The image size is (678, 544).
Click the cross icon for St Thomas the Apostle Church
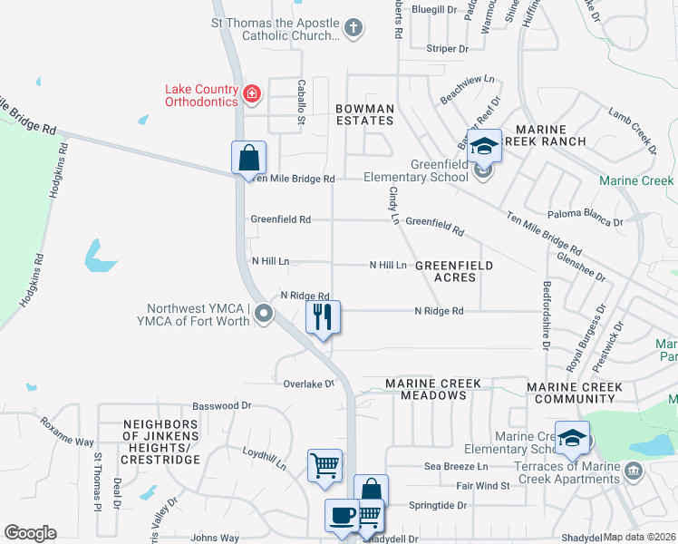(x=354, y=29)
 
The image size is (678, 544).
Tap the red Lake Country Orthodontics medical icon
(x=251, y=92)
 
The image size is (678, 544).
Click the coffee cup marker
(x=343, y=515)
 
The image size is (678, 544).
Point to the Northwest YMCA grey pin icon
(x=264, y=314)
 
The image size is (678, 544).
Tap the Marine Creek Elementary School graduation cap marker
(x=572, y=440)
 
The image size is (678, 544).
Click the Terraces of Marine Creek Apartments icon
(x=633, y=470)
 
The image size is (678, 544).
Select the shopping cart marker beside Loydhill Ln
(x=324, y=466)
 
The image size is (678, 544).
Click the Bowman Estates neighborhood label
(x=365, y=114)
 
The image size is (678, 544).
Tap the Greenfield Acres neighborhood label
(x=454, y=271)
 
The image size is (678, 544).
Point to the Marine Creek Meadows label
(x=433, y=390)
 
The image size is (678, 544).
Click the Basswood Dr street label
(x=219, y=406)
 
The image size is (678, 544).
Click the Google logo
(x=30, y=533)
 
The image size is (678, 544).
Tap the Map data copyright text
(x=640, y=537)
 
